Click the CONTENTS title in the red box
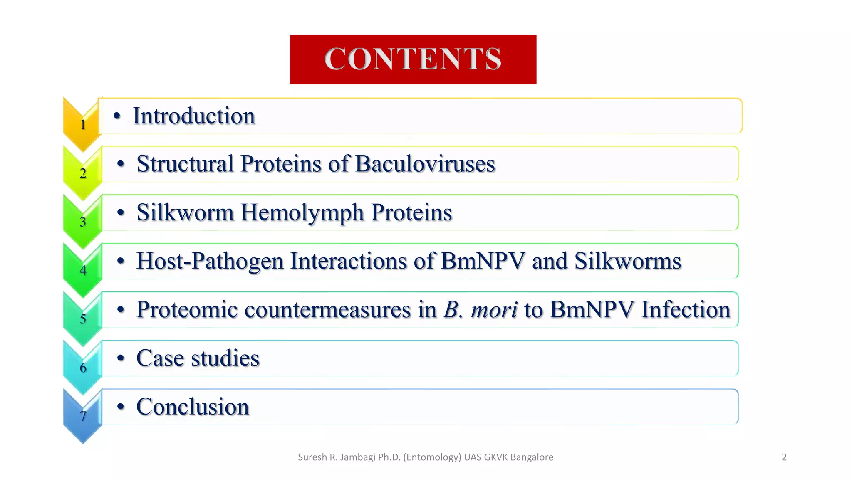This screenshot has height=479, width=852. click(413, 59)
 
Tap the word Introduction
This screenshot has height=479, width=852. click(193, 116)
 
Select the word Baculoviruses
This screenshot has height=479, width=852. click(425, 164)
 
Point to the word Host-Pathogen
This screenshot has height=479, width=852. click(210, 261)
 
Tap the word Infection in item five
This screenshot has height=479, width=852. click(686, 310)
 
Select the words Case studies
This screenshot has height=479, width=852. click(198, 358)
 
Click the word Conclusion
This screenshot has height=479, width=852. click(193, 407)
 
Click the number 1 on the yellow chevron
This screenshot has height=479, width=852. click(83, 125)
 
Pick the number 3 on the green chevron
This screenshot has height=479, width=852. click(83, 222)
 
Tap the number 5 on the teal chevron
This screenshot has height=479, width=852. click(83, 319)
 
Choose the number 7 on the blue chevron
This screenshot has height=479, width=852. click(83, 416)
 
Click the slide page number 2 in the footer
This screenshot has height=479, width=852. click(784, 457)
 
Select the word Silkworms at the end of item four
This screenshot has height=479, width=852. click(627, 261)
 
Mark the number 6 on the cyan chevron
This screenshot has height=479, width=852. click(83, 368)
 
